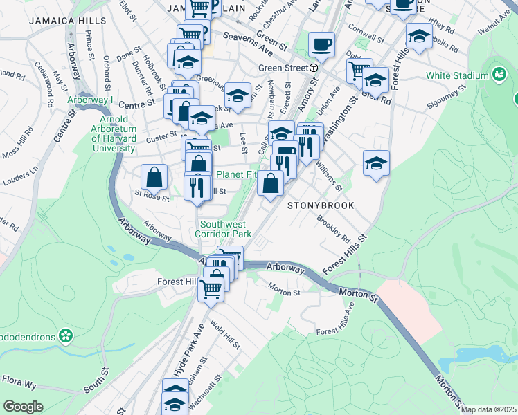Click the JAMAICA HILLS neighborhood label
[x=68, y=21]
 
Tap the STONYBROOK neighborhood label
[x=321, y=205]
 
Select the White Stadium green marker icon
[x=497, y=74]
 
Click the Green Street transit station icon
[x=314, y=68]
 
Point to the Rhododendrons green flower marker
[x=66, y=336]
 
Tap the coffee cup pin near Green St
[x=321, y=45]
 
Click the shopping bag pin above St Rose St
[x=154, y=177]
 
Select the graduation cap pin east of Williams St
[x=376, y=163]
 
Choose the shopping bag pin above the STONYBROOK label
[x=270, y=183]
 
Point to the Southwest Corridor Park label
[x=223, y=229]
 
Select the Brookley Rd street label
[x=333, y=229]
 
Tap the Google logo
[x=23, y=407]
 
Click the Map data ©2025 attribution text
[x=488, y=409]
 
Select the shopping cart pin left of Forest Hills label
[x=211, y=288]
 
